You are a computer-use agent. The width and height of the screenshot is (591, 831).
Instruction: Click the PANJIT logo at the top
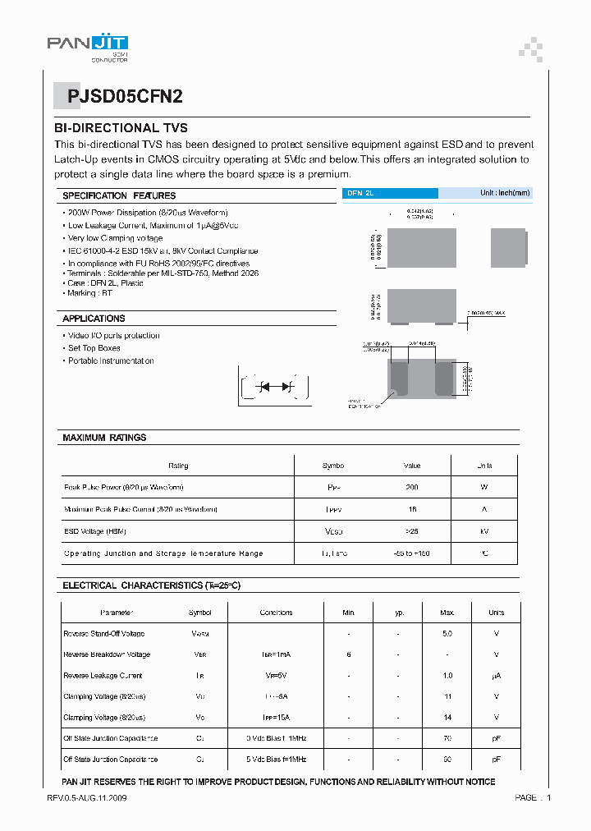pyautogui.click(x=87, y=45)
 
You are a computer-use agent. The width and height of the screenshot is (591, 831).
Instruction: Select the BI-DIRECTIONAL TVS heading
pyautogui.click(x=121, y=128)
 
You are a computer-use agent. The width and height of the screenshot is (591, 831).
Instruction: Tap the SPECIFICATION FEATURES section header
pyautogui.click(x=119, y=195)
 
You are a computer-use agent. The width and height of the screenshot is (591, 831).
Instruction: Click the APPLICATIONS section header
pyautogui.click(x=94, y=319)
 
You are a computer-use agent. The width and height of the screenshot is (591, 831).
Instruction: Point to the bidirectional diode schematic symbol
pyautogui.click(x=276, y=387)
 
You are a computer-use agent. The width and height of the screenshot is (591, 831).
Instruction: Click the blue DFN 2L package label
pyautogui.click(x=360, y=193)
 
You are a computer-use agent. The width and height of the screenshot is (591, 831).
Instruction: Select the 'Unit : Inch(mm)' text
pyautogui.click(x=505, y=193)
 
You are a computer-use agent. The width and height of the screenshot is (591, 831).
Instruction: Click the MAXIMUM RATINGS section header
pyautogui.click(x=104, y=438)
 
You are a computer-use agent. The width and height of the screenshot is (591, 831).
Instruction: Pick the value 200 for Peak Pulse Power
pyautogui.click(x=411, y=487)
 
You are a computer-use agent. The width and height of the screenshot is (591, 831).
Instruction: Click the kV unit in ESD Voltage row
pyautogui.click(x=484, y=531)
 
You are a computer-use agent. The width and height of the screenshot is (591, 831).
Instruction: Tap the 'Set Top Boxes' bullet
pyautogui.click(x=94, y=348)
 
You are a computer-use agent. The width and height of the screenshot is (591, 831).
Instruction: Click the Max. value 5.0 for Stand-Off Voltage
pyautogui.click(x=447, y=634)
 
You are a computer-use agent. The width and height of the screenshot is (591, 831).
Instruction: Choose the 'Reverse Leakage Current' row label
pyautogui.click(x=103, y=676)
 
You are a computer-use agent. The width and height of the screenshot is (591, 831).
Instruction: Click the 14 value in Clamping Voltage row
pyautogui.click(x=447, y=718)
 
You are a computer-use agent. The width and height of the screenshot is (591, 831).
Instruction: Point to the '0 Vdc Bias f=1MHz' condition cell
pyautogui.click(x=276, y=738)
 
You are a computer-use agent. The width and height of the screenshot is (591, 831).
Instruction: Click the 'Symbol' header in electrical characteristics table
pyautogui.click(x=199, y=613)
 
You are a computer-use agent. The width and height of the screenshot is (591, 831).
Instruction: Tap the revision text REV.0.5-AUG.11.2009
pyautogui.click(x=87, y=798)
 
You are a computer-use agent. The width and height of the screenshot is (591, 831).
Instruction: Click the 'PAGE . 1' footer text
pyautogui.click(x=533, y=798)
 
